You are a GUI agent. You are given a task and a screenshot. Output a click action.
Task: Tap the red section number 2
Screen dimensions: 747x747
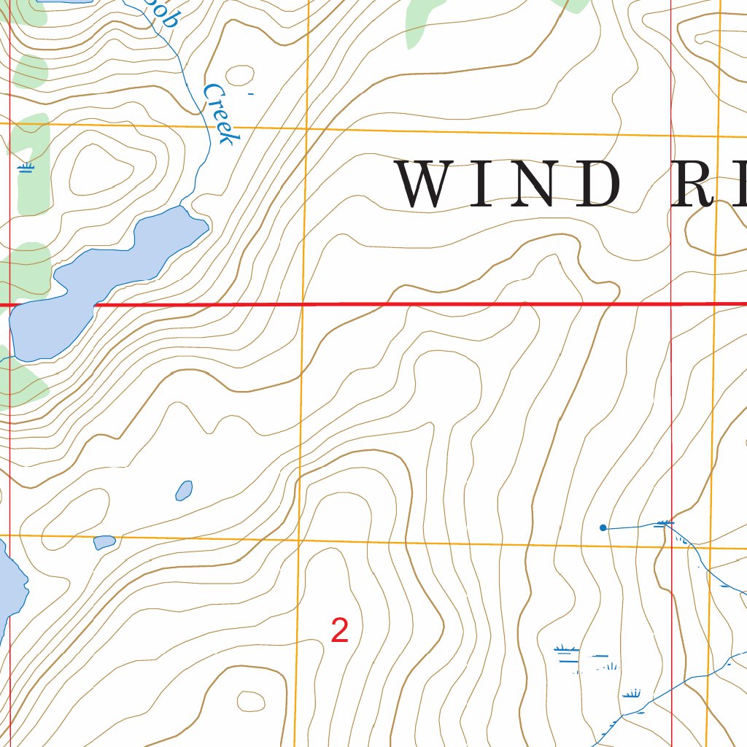click(x=339, y=631)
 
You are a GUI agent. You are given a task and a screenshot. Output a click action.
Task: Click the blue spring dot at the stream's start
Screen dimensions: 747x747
click(x=603, y=527)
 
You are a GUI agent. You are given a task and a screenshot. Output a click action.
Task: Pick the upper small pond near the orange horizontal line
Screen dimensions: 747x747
click(x=184, y=490)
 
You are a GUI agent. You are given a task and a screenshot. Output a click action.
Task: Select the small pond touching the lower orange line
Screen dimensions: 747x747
click(x=104, y=542)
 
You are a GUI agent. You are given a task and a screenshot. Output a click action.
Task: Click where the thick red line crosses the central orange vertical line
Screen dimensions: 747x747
click(x=303, y=304)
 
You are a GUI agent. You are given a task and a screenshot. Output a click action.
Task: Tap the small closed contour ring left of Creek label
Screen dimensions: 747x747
click(x=239, y=74)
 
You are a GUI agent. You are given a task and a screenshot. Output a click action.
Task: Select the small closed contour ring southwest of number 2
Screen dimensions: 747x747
click(x=252, y=701)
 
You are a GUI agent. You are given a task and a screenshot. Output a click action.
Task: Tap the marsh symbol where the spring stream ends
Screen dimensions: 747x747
click(x=664, y=523)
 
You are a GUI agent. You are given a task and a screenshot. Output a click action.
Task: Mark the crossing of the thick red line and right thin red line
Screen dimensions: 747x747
click(x=670, y=304)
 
